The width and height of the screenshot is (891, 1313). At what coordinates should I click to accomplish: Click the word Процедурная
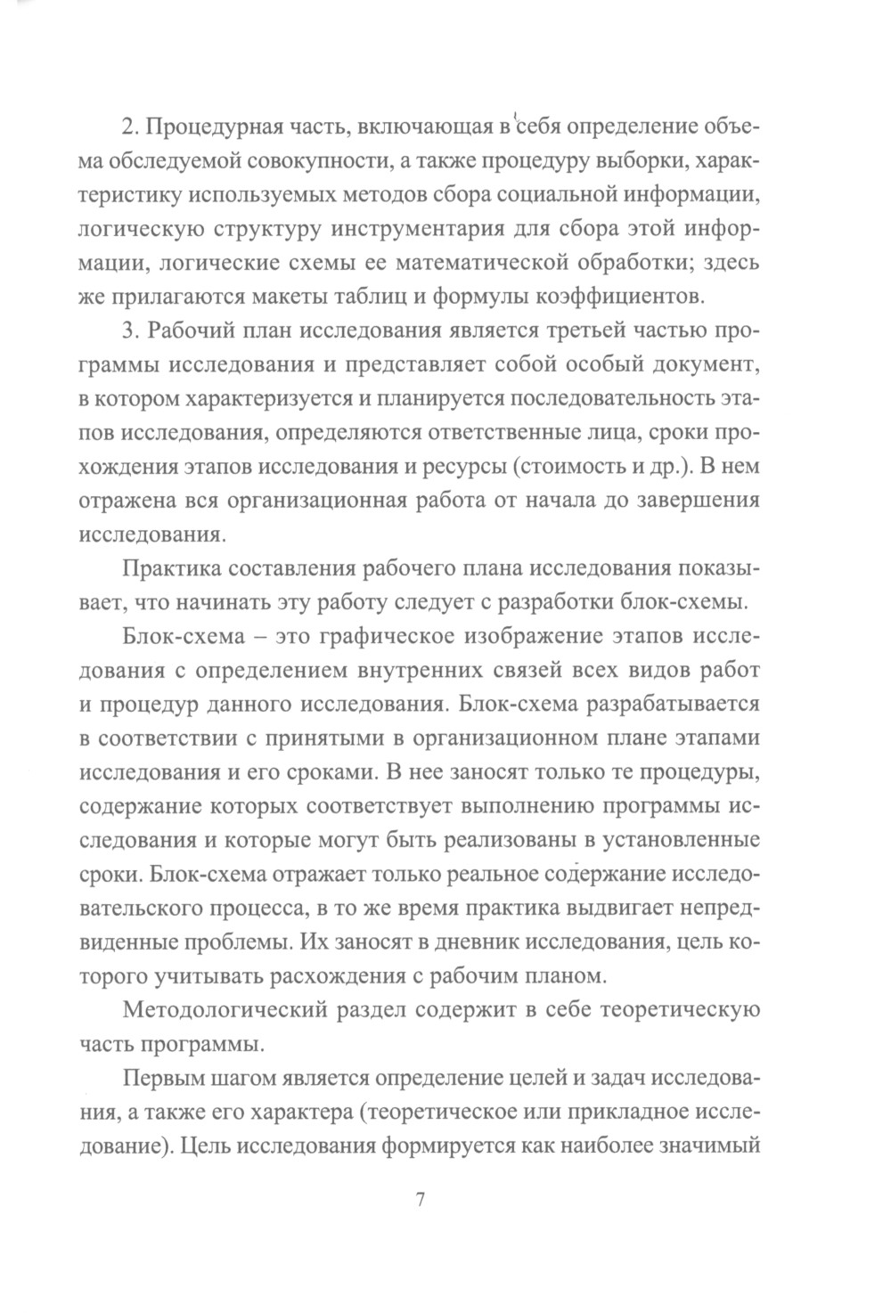pos(211,128)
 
